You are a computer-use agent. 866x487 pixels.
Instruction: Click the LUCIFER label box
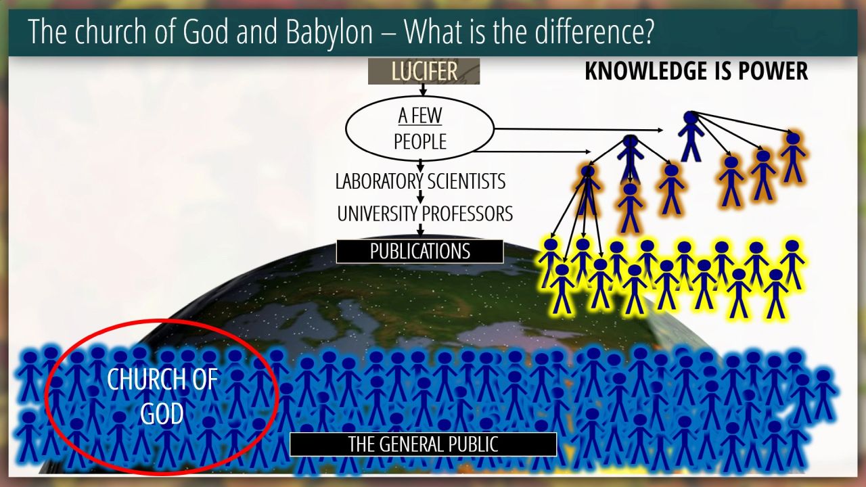[424, 71]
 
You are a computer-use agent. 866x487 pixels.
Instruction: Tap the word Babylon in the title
[329, 32]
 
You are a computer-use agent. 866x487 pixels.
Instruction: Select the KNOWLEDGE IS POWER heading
[696, 71]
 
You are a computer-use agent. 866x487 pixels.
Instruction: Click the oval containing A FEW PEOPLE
[419, 129]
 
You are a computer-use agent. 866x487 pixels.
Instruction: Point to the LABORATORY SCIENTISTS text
[420, 181]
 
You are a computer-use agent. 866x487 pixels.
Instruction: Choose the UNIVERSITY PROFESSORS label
[425, 214]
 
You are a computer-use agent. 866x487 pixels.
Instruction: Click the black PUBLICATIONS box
[420, 251]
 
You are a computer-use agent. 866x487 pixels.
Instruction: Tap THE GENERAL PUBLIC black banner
[423, 444]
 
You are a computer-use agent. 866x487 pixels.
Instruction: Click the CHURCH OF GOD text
[162, 396]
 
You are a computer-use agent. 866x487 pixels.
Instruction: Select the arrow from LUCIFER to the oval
[423, 90]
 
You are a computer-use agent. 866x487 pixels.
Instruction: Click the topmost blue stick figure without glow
[691, 136]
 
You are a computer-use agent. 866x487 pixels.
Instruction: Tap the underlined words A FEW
[420, 116]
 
